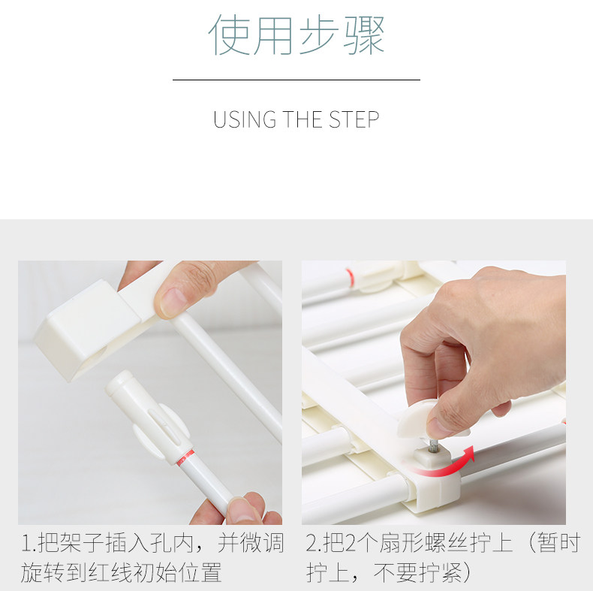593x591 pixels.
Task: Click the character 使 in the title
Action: pos(229,36)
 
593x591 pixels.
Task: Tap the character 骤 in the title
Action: pos(364,36)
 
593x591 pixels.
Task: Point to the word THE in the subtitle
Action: pos(303,119)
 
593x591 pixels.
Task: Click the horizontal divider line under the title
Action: pos(296,80)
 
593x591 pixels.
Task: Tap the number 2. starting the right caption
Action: pos(313,544)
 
